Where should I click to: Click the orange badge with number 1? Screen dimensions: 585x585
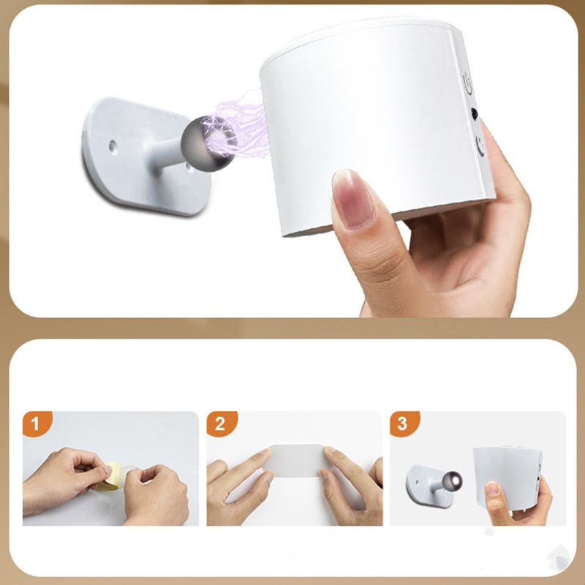(37, 423)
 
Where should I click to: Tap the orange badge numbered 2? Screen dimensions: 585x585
(221, 423)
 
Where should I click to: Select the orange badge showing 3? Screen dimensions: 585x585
(404, 423)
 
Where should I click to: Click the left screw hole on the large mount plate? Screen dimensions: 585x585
(113, 146)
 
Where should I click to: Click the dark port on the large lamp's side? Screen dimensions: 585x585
(475, 113)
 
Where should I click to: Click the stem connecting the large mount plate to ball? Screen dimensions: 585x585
(165, 154)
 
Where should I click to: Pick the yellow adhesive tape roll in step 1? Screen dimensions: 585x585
(109, 477)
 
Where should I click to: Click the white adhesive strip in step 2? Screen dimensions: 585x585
(298, 461)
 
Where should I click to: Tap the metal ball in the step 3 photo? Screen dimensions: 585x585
(452, 480)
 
